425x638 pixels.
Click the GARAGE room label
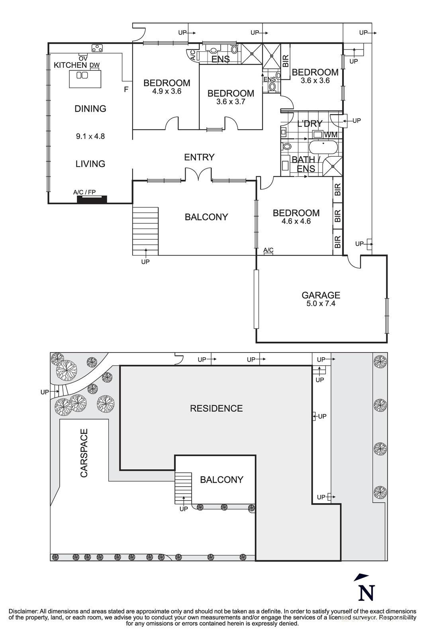(321, 295)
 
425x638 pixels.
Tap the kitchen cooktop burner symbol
(97, 48)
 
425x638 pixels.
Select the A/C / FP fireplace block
(92, 199)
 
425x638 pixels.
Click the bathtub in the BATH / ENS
(323, 147)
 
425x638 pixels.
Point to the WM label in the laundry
(331, 135)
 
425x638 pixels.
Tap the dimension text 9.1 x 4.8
(90, 136)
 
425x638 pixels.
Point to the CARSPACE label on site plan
(84, 453)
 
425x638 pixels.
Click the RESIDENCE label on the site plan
(216, 408)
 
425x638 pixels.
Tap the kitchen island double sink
(82, 75)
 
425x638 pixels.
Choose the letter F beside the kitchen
(126, 90)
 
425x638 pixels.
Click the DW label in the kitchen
(94, 65)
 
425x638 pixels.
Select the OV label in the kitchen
(83, 58)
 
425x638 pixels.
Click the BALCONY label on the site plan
(221, 480)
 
